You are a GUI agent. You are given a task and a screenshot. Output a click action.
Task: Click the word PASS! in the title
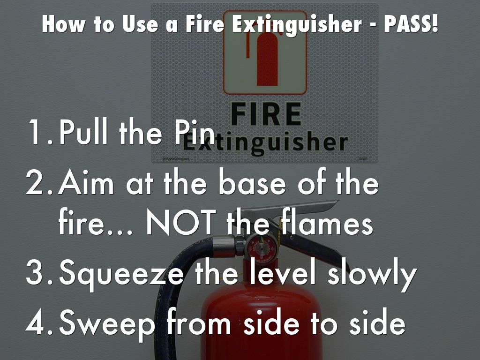(x=411, y=24)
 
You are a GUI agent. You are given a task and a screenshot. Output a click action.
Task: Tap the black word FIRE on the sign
(x=266, y=114)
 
